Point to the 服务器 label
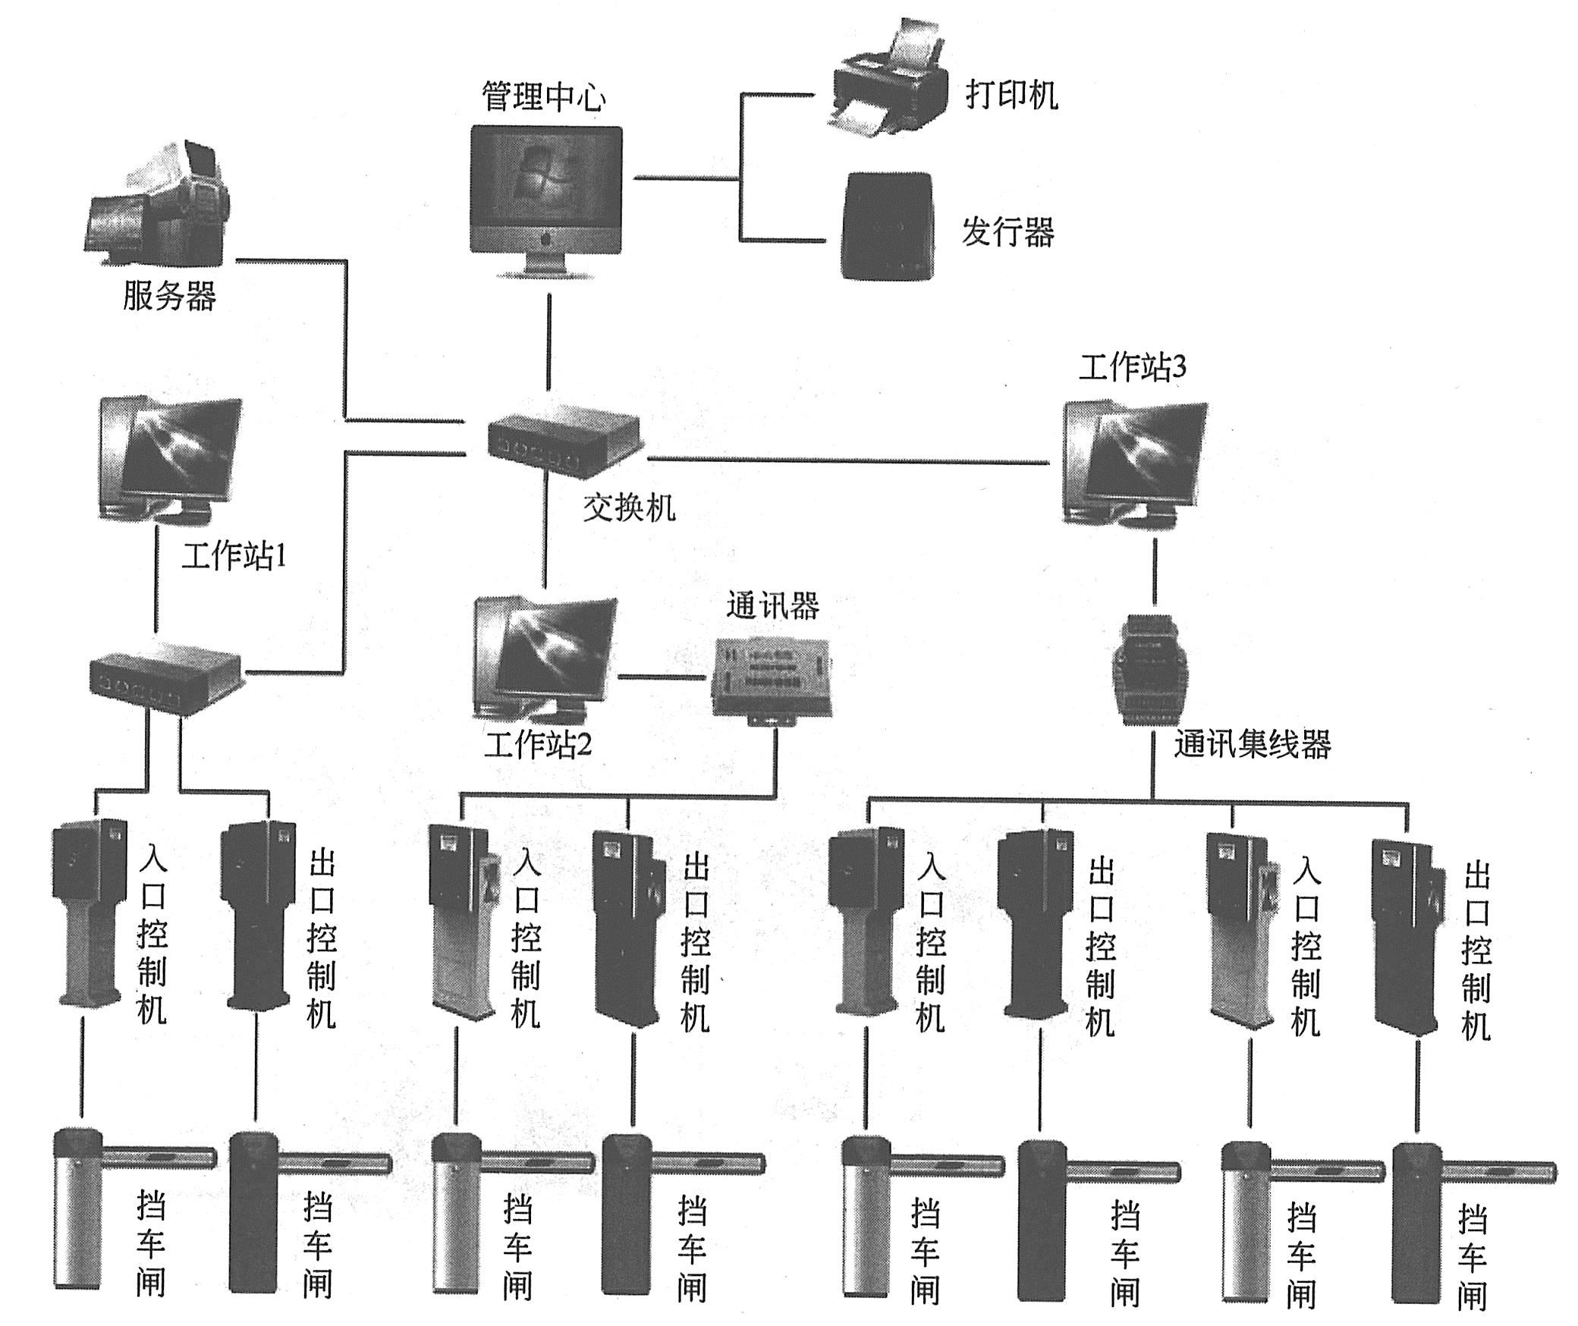[x=169, y=296]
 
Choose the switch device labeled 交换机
[x=562, y=444]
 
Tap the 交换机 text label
[x=629, y=507]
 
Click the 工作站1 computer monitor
[x=171, y=458]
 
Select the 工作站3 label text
[x=1133, y=368]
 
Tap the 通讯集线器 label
[x=1253, y=745]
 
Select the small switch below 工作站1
[x=165, y=674]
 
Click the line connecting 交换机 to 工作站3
[x=846, y=460]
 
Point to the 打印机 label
[x=1011, y=96]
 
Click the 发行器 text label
[x=1007, y=231]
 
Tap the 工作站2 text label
[x=538, y=745]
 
